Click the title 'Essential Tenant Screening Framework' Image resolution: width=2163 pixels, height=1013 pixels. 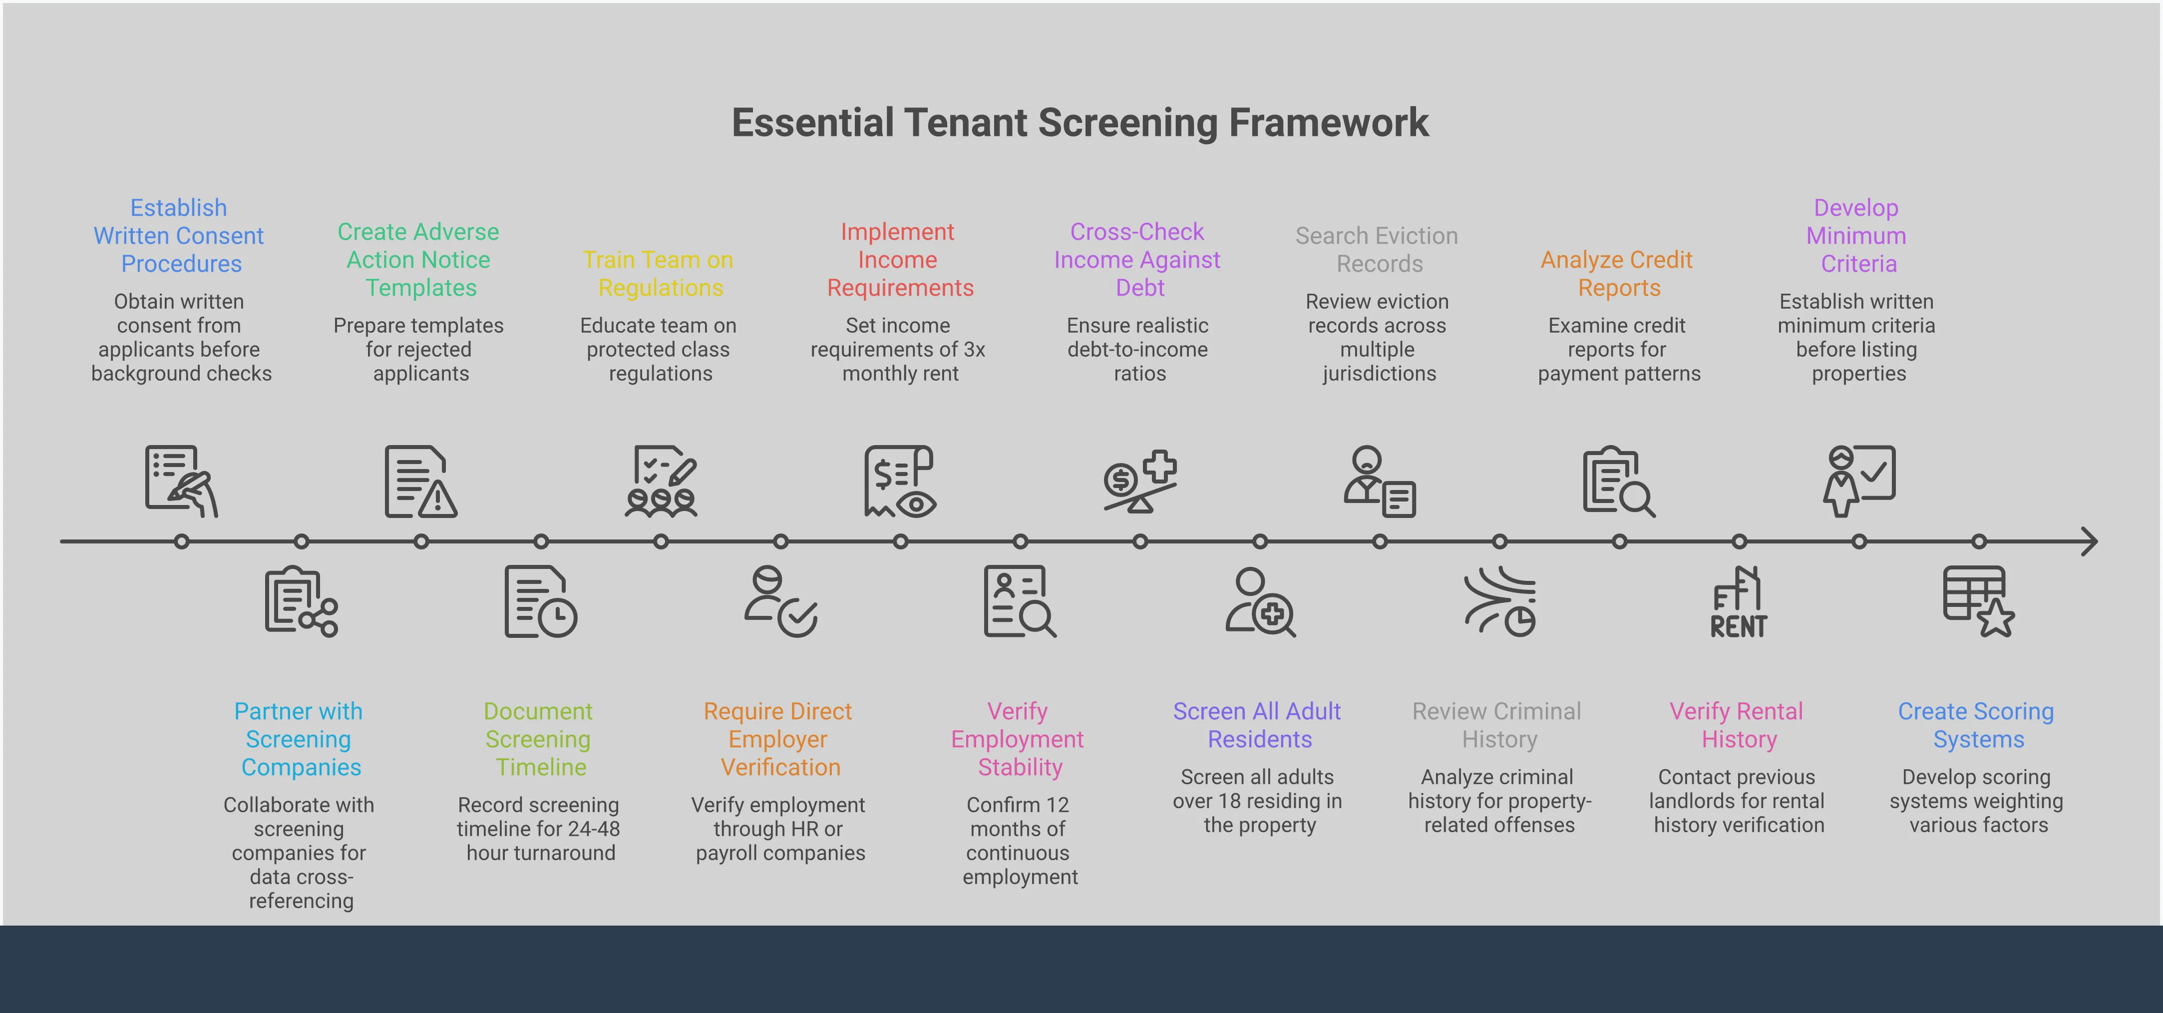tap(1080, 123)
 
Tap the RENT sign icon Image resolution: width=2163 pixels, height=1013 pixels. tap(1738, 602)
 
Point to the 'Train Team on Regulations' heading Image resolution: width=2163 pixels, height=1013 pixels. tap(659, 273)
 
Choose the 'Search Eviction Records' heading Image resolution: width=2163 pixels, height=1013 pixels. tap(1377, 249)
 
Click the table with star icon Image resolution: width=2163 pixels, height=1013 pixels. tap(1978, 601)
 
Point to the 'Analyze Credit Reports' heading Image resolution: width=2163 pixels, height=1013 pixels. tap(1617, 273)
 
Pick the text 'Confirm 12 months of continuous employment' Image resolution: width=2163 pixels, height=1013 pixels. tap(1019, 840)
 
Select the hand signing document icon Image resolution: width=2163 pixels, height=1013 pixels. tap(181, 482)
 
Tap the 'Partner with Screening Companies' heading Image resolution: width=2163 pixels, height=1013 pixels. tap(300, 739)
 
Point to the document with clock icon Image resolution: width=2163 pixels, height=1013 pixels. tap(540, 601)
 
